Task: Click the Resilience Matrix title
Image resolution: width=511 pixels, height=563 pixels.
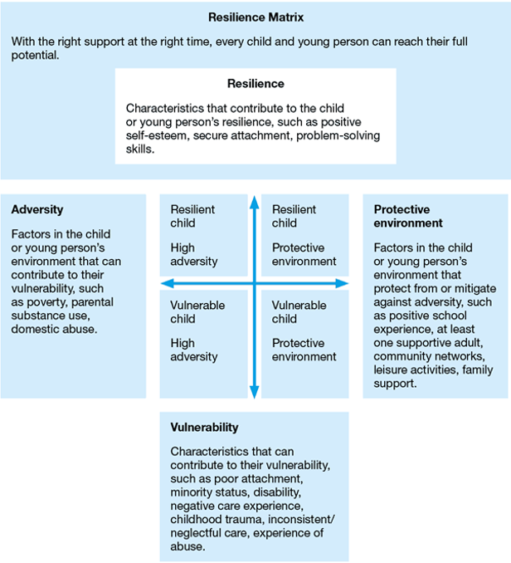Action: click(x=255, y=17)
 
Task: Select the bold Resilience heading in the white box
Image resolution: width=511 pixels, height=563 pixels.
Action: click(x=255, y=84)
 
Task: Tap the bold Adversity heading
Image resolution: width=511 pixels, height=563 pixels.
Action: click(x=37, y=210)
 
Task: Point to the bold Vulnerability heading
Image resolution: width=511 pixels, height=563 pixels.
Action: click(x=204, y=428)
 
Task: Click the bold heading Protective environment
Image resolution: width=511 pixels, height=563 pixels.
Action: click(x=408, y=217)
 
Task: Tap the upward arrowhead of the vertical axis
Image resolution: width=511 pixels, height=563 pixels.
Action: click(x=255, y=201)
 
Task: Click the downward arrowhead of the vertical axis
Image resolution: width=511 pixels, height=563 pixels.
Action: click(x=255, y=389)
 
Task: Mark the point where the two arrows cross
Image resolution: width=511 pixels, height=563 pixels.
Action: click(x=255, y=284)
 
